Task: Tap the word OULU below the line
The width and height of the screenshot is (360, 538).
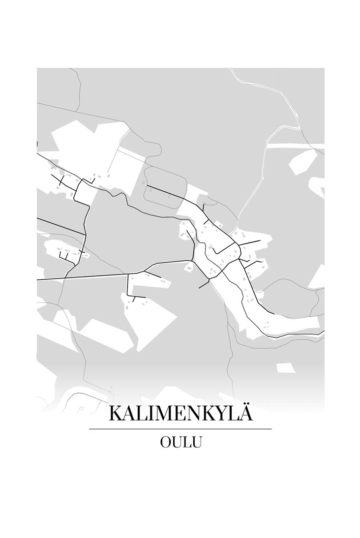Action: [180, 442]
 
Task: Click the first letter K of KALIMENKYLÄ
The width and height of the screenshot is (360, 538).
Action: [116, 414]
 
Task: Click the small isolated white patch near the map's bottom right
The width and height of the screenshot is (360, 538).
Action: [285, 368]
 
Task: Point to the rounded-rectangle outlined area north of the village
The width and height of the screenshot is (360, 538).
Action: [165, 184]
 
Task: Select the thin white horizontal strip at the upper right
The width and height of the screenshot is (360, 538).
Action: [295, 146]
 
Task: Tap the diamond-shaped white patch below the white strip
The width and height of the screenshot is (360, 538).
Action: [303, 161]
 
